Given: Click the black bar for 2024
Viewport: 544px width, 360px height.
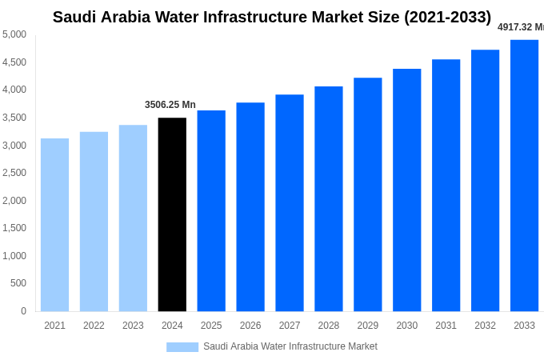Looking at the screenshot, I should click(172, 214).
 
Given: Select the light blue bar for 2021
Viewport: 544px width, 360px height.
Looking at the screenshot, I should click(54, 225).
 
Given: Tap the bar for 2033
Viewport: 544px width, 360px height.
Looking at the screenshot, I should click(524, 175).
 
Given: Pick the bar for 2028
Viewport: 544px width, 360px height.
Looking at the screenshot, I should click(328, 198).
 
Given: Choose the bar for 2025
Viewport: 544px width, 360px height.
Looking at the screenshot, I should click(211, 210).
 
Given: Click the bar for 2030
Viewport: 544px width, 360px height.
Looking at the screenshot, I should click(406, 190).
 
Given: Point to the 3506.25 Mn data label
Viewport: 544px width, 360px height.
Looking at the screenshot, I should click(170, 105).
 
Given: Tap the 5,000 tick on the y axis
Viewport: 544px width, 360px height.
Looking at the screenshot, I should click(14, 34).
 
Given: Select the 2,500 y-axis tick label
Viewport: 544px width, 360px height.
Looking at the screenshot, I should click(14, 173).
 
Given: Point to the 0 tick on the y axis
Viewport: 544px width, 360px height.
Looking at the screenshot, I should click(23, 311).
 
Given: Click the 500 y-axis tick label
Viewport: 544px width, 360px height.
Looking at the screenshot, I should click(18, 283).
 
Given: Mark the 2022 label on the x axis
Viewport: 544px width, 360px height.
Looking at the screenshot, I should click(94, 326).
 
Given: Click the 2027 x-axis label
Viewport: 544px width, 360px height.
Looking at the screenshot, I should click(290, 326).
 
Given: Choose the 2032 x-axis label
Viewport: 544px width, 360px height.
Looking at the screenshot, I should click(485, 326).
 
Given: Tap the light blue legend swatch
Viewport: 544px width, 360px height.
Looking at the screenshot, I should click(182, 347).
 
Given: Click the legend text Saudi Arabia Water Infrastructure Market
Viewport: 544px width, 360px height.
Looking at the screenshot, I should click(290, 346).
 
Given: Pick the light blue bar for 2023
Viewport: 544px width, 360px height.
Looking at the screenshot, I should click(133, 218).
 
